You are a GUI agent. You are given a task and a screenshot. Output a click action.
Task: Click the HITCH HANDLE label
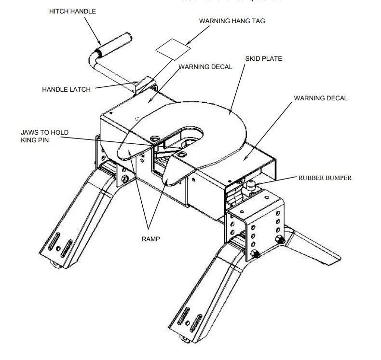coord(73,11)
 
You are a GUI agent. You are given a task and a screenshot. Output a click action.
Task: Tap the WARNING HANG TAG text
coord(232,21)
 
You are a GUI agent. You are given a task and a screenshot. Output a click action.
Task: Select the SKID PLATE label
coord(264,59)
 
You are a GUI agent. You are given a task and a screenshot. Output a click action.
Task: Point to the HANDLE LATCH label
coord(66,89)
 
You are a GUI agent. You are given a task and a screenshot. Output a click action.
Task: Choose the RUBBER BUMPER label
coord(325,178)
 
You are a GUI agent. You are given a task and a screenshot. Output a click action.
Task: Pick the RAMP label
coord(150,238)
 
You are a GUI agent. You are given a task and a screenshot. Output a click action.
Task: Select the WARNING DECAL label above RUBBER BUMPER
coord(321,98)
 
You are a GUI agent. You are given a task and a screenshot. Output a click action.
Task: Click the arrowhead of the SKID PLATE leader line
coord(231,113)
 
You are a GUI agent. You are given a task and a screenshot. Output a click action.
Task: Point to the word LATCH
coord(79,89)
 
